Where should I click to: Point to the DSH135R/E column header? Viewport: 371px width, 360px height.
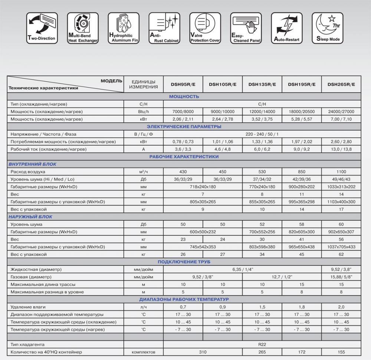[262, 84]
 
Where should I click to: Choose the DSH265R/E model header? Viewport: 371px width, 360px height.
[341, 84]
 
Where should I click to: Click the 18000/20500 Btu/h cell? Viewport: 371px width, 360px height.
[302, 112]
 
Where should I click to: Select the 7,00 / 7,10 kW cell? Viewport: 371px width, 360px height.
[341, 119]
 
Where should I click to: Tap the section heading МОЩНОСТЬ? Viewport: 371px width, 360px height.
[184, 96]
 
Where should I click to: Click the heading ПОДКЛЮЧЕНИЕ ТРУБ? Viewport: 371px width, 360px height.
[184, 262]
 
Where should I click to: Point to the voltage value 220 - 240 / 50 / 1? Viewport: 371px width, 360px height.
[262, 134]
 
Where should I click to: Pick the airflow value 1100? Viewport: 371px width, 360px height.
[341, 172]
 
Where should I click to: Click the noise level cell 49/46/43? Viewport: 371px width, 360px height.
[341, 179]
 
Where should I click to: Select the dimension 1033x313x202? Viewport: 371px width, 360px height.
[341, 187]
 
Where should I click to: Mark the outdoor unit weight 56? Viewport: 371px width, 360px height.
[341, 239]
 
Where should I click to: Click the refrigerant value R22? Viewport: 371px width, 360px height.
[262, 344]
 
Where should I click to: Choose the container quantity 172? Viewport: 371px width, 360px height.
[302, 352]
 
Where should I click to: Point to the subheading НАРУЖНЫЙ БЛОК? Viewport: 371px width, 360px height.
[30, 217]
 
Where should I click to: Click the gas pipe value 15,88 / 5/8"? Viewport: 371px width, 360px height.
[341, 277]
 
